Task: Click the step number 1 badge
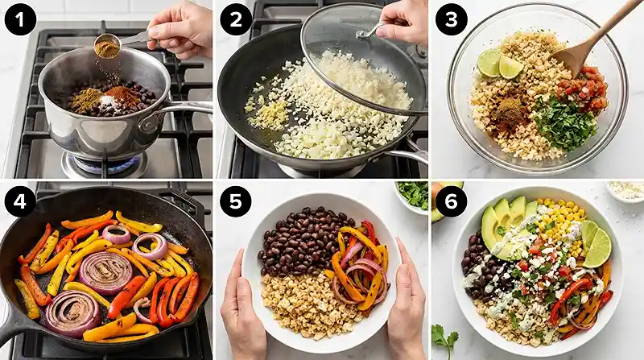[x=20, y=19]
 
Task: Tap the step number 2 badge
[x=236, y=19]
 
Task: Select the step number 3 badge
[x=451, y=19]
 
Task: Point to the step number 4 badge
[x=20, y=201]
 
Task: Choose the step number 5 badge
[x=236, y=201]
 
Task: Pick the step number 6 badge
[x=451, y=201]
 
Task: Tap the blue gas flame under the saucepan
[x=105, y=163]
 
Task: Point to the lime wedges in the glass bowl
[x=500, y=64]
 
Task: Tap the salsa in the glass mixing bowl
[x=582, y=89]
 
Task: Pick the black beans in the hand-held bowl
[x=303, y=242]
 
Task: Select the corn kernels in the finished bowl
[x=560, y=224]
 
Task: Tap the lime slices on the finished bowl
[x=596, y=243]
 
